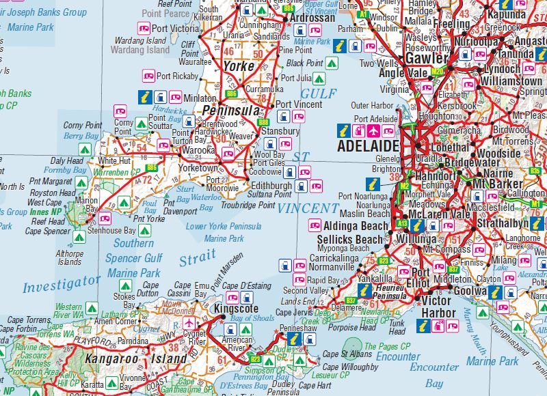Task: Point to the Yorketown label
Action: coord(198,168)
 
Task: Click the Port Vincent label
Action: coord(298,104)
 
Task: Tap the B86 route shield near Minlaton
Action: coord(231,94)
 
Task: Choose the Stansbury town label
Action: coord(280,131)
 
